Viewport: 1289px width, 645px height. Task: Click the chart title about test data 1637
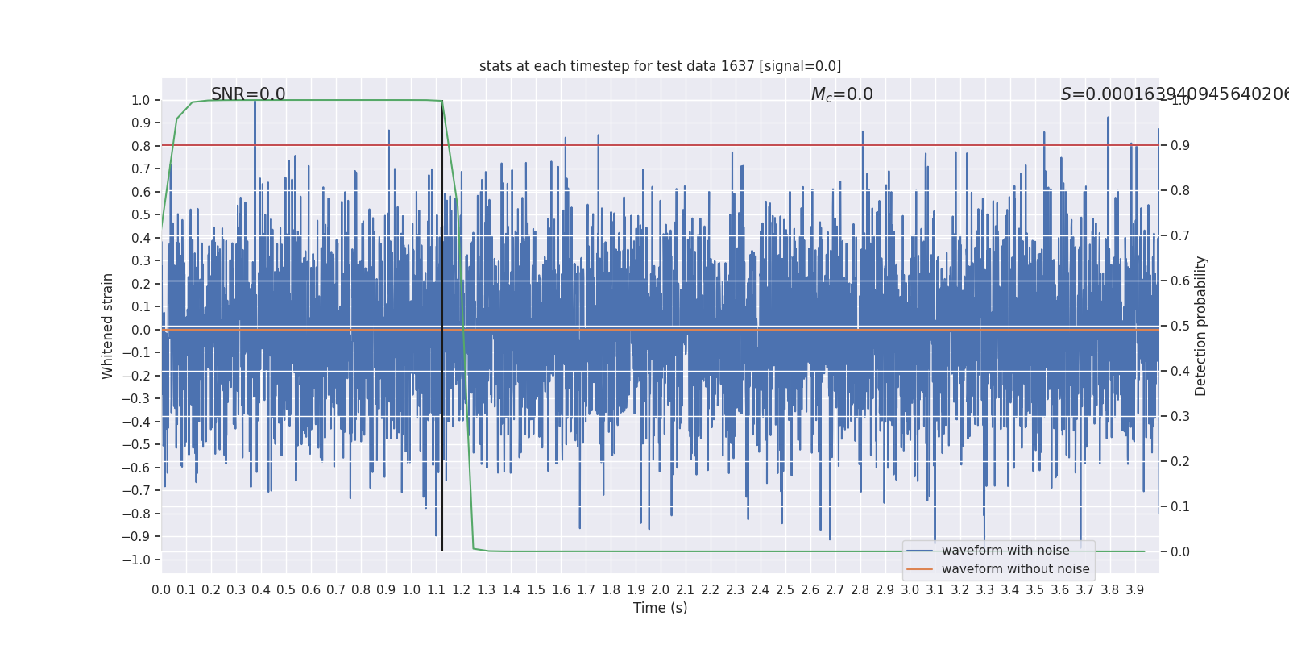click(x=660, y=66)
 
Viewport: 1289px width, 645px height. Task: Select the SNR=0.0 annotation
click(x=248, y=94)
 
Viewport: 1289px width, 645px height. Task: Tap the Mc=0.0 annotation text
click(x=842, y=94)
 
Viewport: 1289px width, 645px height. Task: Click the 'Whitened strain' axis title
click(x=108, y=326)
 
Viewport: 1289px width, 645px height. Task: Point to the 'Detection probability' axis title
click(x=1201, y=326)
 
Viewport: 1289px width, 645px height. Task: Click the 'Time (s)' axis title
click(x=660, y=608)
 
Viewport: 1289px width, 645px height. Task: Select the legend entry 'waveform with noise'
click(x=1005, y=551)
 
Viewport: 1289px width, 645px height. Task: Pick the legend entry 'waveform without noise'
click(x=1015, y=569)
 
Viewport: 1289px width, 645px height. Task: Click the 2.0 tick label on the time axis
click(x=661, y=590)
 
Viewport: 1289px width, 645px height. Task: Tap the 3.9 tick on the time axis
click(x=1134, y=590)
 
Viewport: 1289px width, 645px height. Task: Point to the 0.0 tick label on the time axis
click(x=161, y=590)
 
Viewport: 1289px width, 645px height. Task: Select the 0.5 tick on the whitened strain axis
click(x=140, y=214)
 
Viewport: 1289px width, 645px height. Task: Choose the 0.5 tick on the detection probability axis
click(x=1180, y=326)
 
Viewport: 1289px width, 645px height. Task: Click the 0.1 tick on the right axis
click(x=1180, y=506)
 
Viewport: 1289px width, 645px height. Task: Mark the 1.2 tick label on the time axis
click(x=461, y=590)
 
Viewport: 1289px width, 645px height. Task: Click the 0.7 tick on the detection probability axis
click(x=1180, y=235)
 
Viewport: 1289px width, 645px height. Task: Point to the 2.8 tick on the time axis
click(x=860, y=590)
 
